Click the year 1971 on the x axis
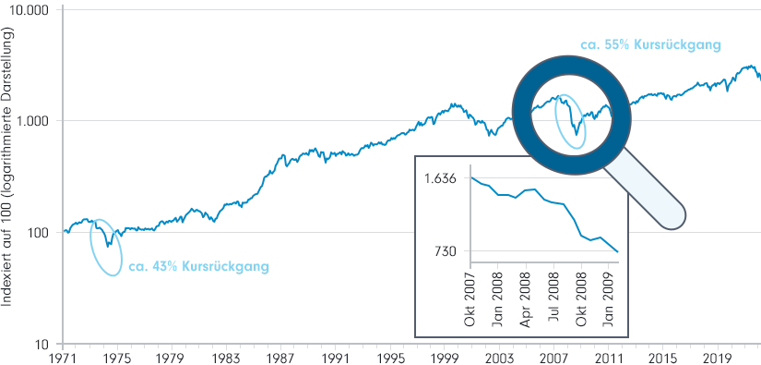point(63,357)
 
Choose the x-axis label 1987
point(281,357)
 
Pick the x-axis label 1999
point(445,357)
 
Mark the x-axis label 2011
point(608,357)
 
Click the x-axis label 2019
point(717,357)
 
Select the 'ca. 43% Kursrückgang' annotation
point(198,267)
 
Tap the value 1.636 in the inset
point(441,178)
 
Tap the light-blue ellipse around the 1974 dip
point(108,247)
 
